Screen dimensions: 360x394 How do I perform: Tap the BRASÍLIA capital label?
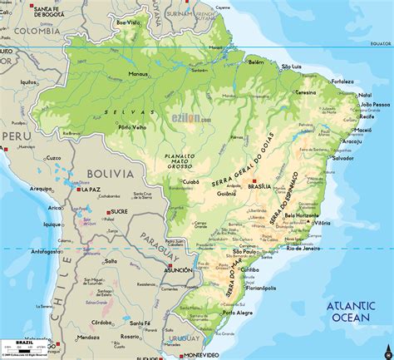click(x=260, y=188)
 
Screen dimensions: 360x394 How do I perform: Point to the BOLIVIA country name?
click(x=111, y=174)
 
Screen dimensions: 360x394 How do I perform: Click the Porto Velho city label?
click(x=133, y=127)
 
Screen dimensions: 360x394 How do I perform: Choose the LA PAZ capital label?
click(x=91, y=190)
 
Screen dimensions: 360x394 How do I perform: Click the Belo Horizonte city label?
click(x=303, y=216)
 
